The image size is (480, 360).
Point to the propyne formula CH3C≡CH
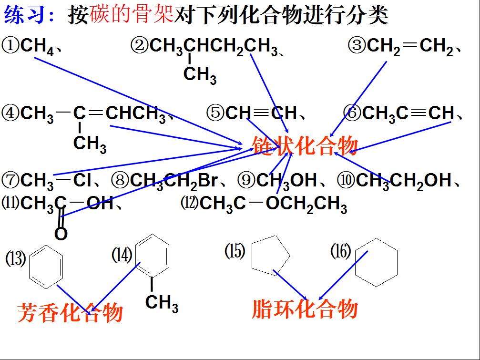[408, 113]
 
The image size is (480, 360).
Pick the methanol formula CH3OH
[286, 181]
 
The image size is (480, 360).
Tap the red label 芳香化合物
[70, 312]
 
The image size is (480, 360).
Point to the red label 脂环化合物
[305, 309]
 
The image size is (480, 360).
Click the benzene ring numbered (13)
[46, 267]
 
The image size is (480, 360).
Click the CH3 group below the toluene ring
[162, 303]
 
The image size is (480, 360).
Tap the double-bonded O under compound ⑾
[61, 234]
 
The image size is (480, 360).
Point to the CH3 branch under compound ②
[200, 75]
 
